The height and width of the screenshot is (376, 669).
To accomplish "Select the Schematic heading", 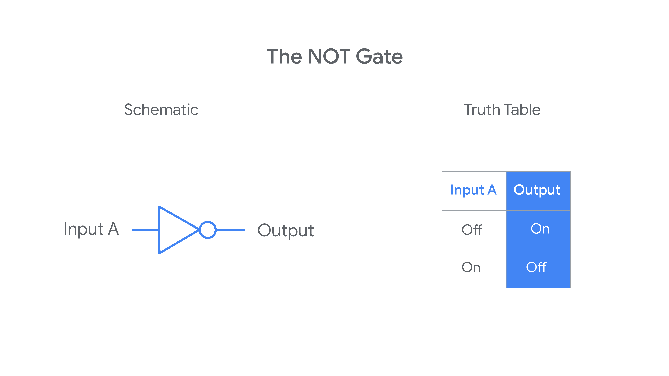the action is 161,110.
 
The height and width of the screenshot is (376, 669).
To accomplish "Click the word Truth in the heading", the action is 482,110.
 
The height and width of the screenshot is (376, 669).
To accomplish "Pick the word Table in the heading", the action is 522,110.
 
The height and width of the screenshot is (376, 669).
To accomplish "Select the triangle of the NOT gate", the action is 159,230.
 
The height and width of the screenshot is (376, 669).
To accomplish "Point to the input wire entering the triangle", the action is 145,230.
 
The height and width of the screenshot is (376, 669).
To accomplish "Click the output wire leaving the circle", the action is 231,230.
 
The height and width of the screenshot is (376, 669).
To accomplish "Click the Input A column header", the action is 473,190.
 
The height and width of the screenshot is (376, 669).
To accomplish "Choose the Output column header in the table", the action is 537,190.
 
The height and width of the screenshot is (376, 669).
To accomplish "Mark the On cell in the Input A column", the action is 471,267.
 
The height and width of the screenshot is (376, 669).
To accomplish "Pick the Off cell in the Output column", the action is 536,267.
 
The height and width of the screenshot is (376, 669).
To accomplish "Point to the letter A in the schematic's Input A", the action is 114,229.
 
